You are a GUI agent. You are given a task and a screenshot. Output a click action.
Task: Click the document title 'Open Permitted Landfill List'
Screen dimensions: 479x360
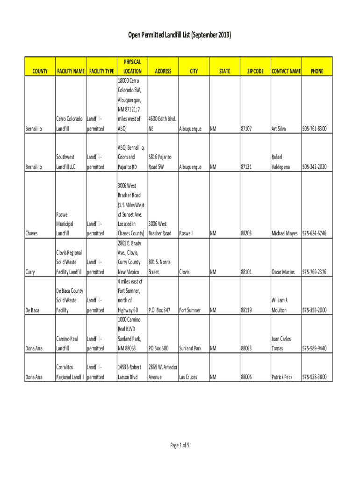(x=180, y=36)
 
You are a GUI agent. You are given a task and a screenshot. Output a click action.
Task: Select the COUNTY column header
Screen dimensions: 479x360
(x=40, y=71)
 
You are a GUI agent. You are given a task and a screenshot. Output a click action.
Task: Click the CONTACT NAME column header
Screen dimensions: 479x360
(x=286, y=71)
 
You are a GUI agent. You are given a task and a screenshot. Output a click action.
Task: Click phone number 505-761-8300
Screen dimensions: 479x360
(x=314, y=129)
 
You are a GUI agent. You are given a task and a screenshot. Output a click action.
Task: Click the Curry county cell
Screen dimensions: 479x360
(x=31, y=272)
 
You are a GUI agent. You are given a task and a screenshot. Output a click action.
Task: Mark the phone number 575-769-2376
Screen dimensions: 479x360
(x=314, y=272)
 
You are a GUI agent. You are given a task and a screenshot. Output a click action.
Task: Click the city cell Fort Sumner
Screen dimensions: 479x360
(x=190, y=310)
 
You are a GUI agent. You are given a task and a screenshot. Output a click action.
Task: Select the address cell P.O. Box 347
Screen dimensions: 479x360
(x=159, y=310)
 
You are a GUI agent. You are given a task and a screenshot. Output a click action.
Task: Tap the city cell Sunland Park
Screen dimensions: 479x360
(x=190, y=348)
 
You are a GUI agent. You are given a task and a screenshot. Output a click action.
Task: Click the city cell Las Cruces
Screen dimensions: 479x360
(x=188, y=377)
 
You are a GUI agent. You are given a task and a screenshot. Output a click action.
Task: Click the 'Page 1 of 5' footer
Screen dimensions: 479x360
(x=180, y=445)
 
